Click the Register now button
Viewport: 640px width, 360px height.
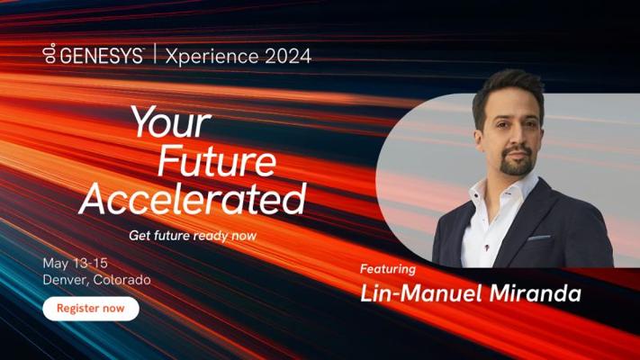tap(91, 309)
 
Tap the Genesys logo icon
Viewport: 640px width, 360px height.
tap(50, 53)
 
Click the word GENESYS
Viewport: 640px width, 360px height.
tap(101, 56)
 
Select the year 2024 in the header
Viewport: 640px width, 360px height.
tap(288, 56)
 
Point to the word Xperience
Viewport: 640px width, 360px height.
tap(212, 57)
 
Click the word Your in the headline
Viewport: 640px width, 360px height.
tap(171, 121)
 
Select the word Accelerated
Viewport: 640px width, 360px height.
tap(193, 198)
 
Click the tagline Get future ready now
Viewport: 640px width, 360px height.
tap(193, 236)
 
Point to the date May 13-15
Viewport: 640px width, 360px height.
tap(75, 264)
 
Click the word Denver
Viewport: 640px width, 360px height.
tap(66, 280)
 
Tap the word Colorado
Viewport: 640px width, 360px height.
tap(122, 280)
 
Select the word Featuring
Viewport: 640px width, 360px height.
tap(388, 269)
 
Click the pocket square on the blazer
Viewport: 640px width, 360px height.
tap(539, 237)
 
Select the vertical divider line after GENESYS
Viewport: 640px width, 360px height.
tap(155, 54)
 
